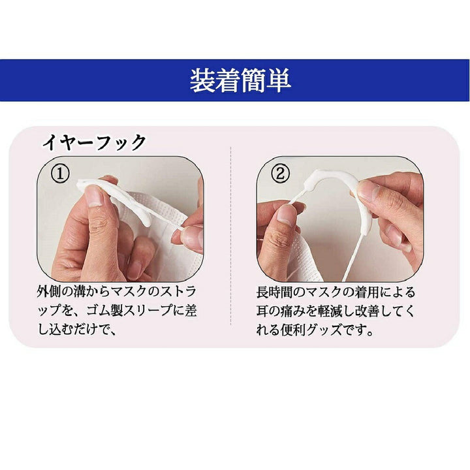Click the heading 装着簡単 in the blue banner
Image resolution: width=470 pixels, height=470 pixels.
240,80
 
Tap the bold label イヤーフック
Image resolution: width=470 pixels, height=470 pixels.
94,142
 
